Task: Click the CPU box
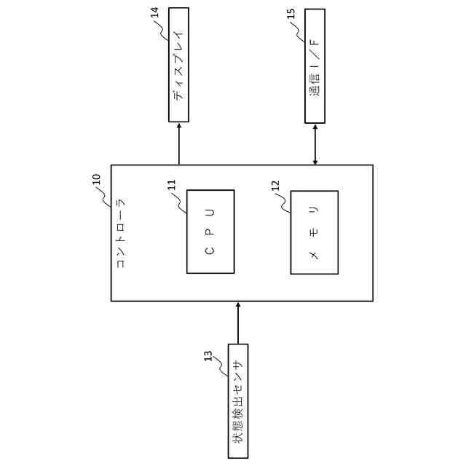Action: coord(210,232)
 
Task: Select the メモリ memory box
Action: coord(314,232)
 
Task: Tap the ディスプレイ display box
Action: coord(178,65)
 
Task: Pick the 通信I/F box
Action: coord(315,66)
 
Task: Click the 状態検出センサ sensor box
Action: coord(238,400)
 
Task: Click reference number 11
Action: coord(172,185)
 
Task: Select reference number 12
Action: coord(275,186)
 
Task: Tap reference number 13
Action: coord(208,356)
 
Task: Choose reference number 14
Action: coord(155,12)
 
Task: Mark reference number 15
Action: coord(291,14)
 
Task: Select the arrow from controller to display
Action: coord(178,143)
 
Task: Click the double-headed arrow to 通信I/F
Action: coord(315,143)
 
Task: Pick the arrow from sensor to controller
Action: coord(238,323)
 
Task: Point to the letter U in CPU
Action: coord(210,213)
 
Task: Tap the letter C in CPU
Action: coord(210,250)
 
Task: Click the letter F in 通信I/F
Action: coord(315,42)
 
